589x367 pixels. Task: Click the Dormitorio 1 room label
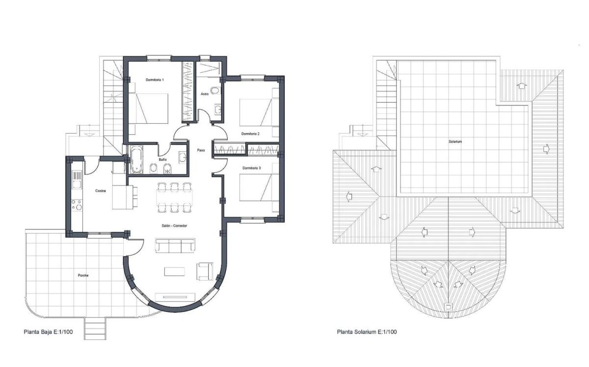[x=155, y=80]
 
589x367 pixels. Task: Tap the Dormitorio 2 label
[x=250, y=134]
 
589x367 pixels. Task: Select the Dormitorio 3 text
[x=252, y=168]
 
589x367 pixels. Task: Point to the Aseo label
[x=205, y=94]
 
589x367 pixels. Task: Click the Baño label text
[x=162, y=160]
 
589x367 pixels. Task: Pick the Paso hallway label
[x=201, y=150]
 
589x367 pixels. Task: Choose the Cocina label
[x=101, y=191]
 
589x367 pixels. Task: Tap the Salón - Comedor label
[x=174, y=226]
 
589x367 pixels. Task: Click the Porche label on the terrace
[x=83, y=276]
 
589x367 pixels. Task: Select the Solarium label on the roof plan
[x=455, y=141]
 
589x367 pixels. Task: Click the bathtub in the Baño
[x=136, y=160]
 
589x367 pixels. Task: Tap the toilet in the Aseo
[x=215, y=91]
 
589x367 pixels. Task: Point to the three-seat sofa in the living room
[x=175, y=246]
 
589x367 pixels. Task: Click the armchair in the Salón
[x=205, y=271]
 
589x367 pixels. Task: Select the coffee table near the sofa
[x=175, y=272]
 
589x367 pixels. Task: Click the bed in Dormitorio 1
[x=148, y=109]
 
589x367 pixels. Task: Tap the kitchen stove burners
[x=77, y=205]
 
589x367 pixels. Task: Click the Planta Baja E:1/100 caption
[x=49, y=332]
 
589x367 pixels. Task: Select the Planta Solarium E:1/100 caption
[x=367, y=332]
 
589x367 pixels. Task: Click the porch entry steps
[x=95, y=328]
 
